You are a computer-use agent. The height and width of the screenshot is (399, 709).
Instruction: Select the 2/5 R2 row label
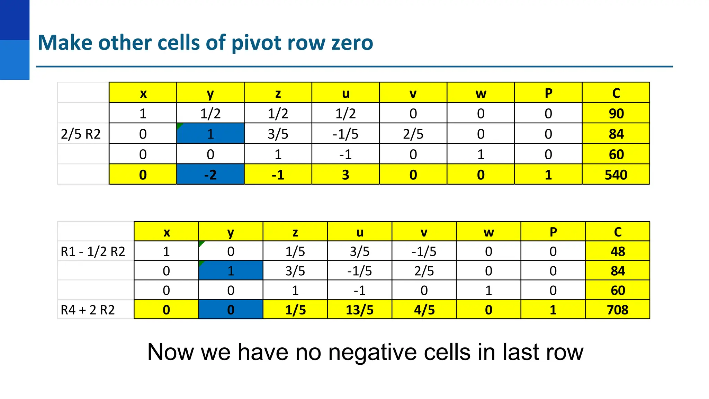(x=81, y=134)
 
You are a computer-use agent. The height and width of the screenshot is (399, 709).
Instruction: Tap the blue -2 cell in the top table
(x=210, y=175)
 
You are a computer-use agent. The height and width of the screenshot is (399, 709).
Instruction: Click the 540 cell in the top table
(x=616, y=175)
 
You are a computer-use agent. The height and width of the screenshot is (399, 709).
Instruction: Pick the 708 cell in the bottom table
(x=617, y=309)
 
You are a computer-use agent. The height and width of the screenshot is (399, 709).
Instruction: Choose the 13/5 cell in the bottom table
(x=359, y=309)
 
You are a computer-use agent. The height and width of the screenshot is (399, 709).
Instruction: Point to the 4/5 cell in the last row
(x=424, y=309)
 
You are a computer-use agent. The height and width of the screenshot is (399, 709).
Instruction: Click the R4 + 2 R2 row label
(x=88, y=310)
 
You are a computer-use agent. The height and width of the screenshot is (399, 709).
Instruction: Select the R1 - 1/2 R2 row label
(x=93, y=251)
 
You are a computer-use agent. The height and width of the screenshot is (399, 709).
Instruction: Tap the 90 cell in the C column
(x=616, y=113)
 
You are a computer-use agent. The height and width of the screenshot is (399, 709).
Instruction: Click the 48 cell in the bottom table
(x=617, y=251)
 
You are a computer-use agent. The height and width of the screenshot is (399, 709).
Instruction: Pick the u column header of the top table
(x=345, y=93)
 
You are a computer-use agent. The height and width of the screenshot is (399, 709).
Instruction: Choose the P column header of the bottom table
(x=553, y=232)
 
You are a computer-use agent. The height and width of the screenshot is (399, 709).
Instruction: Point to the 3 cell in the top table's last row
(x=345, y=175)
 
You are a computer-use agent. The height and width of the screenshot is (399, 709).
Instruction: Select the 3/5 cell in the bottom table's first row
(x=359, y=251)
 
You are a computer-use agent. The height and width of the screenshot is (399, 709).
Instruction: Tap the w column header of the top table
(x=481, y=93)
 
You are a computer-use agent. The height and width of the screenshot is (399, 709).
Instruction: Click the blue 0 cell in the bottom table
(x=231, y=309)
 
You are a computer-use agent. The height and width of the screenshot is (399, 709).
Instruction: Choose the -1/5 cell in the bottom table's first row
(x=424, y=251)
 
